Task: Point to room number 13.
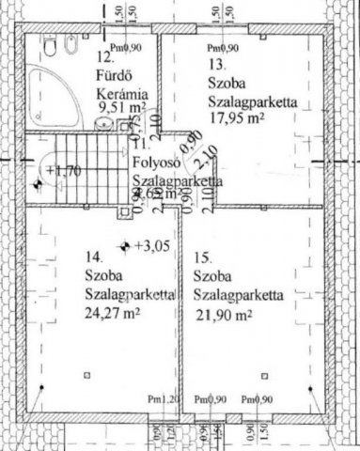point(215,64)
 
